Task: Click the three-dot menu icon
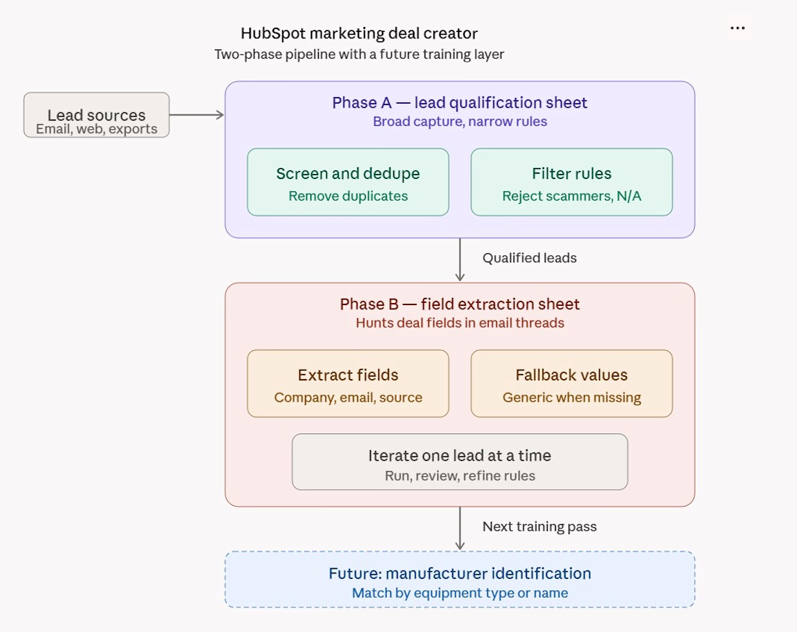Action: [x=738, y=28]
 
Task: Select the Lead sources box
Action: [x=96, y=115]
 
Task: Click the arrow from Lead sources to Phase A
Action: [x=196, y=115]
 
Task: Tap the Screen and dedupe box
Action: [x=349, y=182]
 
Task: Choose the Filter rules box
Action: [x=572, y=182]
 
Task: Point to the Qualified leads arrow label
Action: [x=530, y=258]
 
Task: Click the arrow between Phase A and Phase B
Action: [x=460, y=259]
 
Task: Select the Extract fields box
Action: [x=349, y=383]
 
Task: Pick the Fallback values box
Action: [x=572, y=383]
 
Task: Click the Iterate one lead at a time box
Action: [x=460, y=462]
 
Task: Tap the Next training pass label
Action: [x=539, y=526]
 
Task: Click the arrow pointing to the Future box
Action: [x=460, y=528]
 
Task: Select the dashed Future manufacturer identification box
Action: [x=460, y=579]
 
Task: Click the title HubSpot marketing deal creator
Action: [x=359, y=33]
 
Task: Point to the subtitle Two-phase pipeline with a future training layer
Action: [x=359, y=54]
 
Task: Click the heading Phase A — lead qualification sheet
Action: [x=460, y=103]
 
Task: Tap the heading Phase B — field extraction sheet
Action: [x=460, y=304]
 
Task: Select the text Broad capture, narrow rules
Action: [x=460, y=122]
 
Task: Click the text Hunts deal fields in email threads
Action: [x=460, y=323]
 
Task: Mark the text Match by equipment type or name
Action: [x=460, y=593]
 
